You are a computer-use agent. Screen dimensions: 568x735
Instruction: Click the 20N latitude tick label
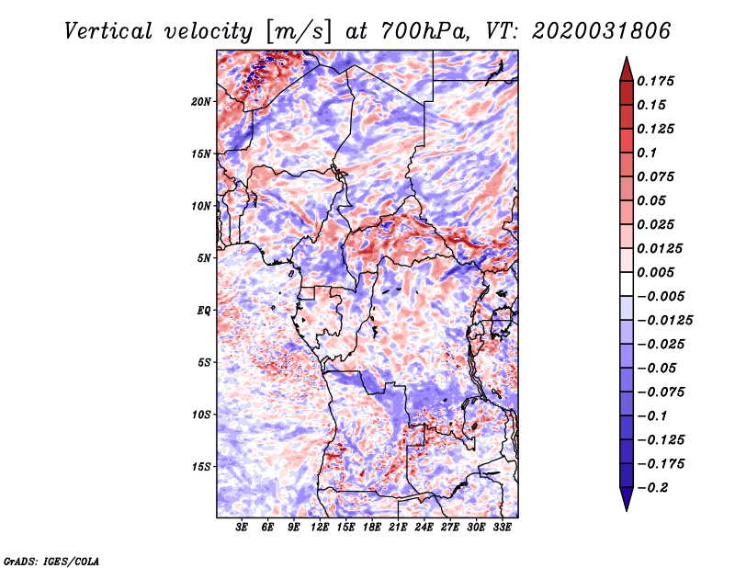[x=201, y=101]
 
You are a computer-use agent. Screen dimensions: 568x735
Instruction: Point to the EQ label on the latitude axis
[x=203, y=311]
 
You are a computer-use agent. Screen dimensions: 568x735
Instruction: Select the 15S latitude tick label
[x=201, y=467]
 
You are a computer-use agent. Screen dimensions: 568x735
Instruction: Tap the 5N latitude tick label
[x=204, y=258]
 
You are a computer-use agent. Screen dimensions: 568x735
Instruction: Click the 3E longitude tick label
[x=243, y=528]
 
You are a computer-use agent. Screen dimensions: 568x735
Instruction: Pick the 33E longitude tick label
[x=502, y=528]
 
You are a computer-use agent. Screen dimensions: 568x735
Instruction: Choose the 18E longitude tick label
[x=372, y=528]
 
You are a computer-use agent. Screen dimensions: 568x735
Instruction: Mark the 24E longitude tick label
[x=424, y=528]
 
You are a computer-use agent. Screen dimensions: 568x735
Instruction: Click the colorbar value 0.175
[x=658, y=81]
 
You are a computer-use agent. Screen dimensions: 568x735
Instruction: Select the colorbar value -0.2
[x=654, y=488]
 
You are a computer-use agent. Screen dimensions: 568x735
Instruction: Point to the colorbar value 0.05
[x=653, y=200]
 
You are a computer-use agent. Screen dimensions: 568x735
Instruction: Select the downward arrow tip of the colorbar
[x=626, y=506]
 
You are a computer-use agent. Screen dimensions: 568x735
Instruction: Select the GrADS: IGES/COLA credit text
[x=51, y=560]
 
